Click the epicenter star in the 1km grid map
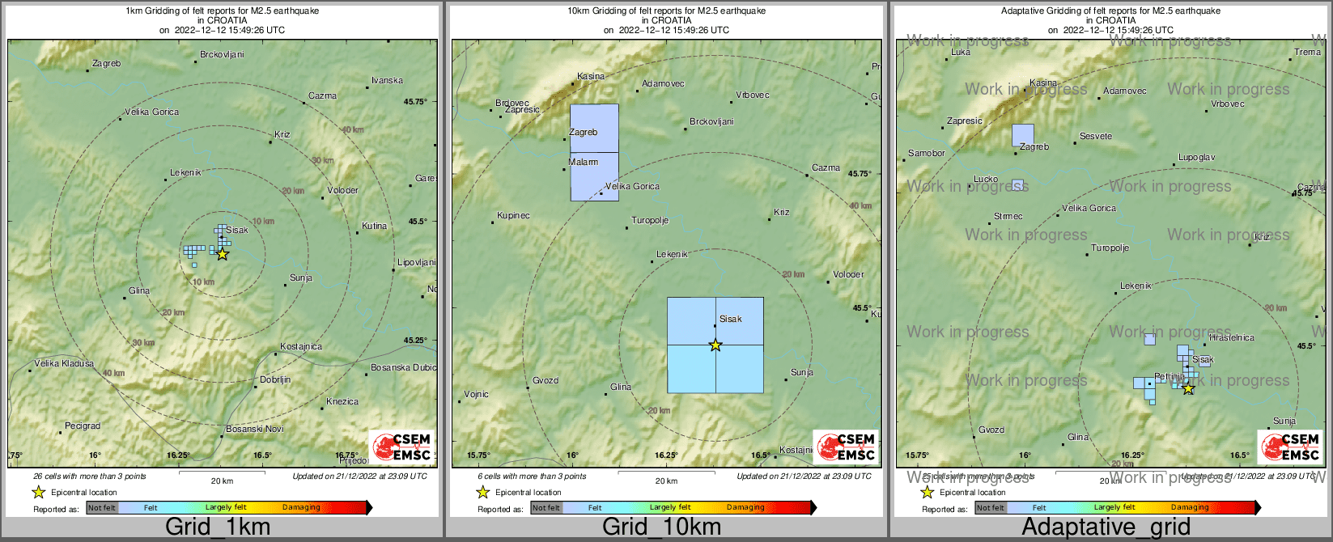[x=222, y=254]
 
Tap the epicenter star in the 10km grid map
[x=715, y=345]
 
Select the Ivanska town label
[x=387, y=81]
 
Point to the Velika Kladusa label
[x=64, y=364]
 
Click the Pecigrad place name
[x=83, y=426]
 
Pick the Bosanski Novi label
[x=255, y=430]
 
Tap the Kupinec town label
[x=513, y=216]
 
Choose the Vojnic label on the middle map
[x=476, y=395]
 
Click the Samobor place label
[x=927, y=154]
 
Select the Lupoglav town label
[x=1196, y=158]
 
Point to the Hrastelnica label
[x=1231, y=338]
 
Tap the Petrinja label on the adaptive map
[x=1170, y=377]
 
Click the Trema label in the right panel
[x=1307, y=53]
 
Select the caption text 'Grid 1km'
[x=218, y=527]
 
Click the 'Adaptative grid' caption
[x=1106, y=527]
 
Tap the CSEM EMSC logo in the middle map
[x=847, y=447]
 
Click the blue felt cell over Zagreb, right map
[x=1023, y=135]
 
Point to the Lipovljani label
[x=417, y=263]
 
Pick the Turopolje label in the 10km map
[x=650, y=221]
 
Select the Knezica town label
[x=342, y=402]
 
